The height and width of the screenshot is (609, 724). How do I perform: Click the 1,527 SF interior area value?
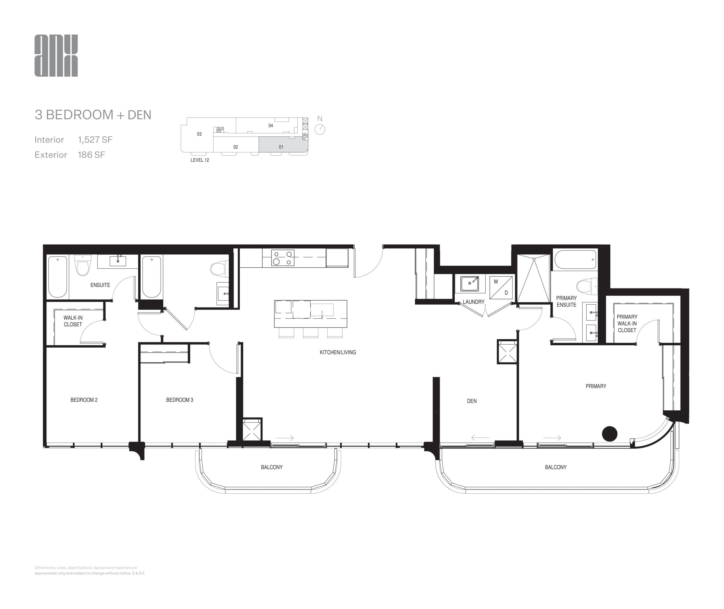(x=95, y=140)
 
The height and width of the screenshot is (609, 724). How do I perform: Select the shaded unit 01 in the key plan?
(x=283, y=144)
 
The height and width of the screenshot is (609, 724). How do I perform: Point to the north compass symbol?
(x=320, y=129)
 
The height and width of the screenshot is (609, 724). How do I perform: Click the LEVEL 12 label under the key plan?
(x=200, y=160)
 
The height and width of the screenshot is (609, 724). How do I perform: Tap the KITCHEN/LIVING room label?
(x=337, y=352)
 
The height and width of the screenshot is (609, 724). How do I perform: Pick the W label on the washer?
(x=496, y=282)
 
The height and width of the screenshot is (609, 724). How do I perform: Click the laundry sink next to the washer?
(x=469, y=283)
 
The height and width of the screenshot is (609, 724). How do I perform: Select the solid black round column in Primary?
(x=609, y=434)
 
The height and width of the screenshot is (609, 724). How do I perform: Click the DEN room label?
(x=471, y=401)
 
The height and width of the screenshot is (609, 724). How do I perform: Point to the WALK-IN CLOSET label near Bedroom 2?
(x=73, y=321)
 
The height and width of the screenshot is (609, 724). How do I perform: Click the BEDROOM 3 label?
(x=179, y=400)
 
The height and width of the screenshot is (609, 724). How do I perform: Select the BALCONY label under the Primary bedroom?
(x=555, y=467)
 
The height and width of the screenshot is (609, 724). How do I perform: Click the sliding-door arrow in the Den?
(x=480, y=438)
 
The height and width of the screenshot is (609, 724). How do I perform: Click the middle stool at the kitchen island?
(x=310, y=332)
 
